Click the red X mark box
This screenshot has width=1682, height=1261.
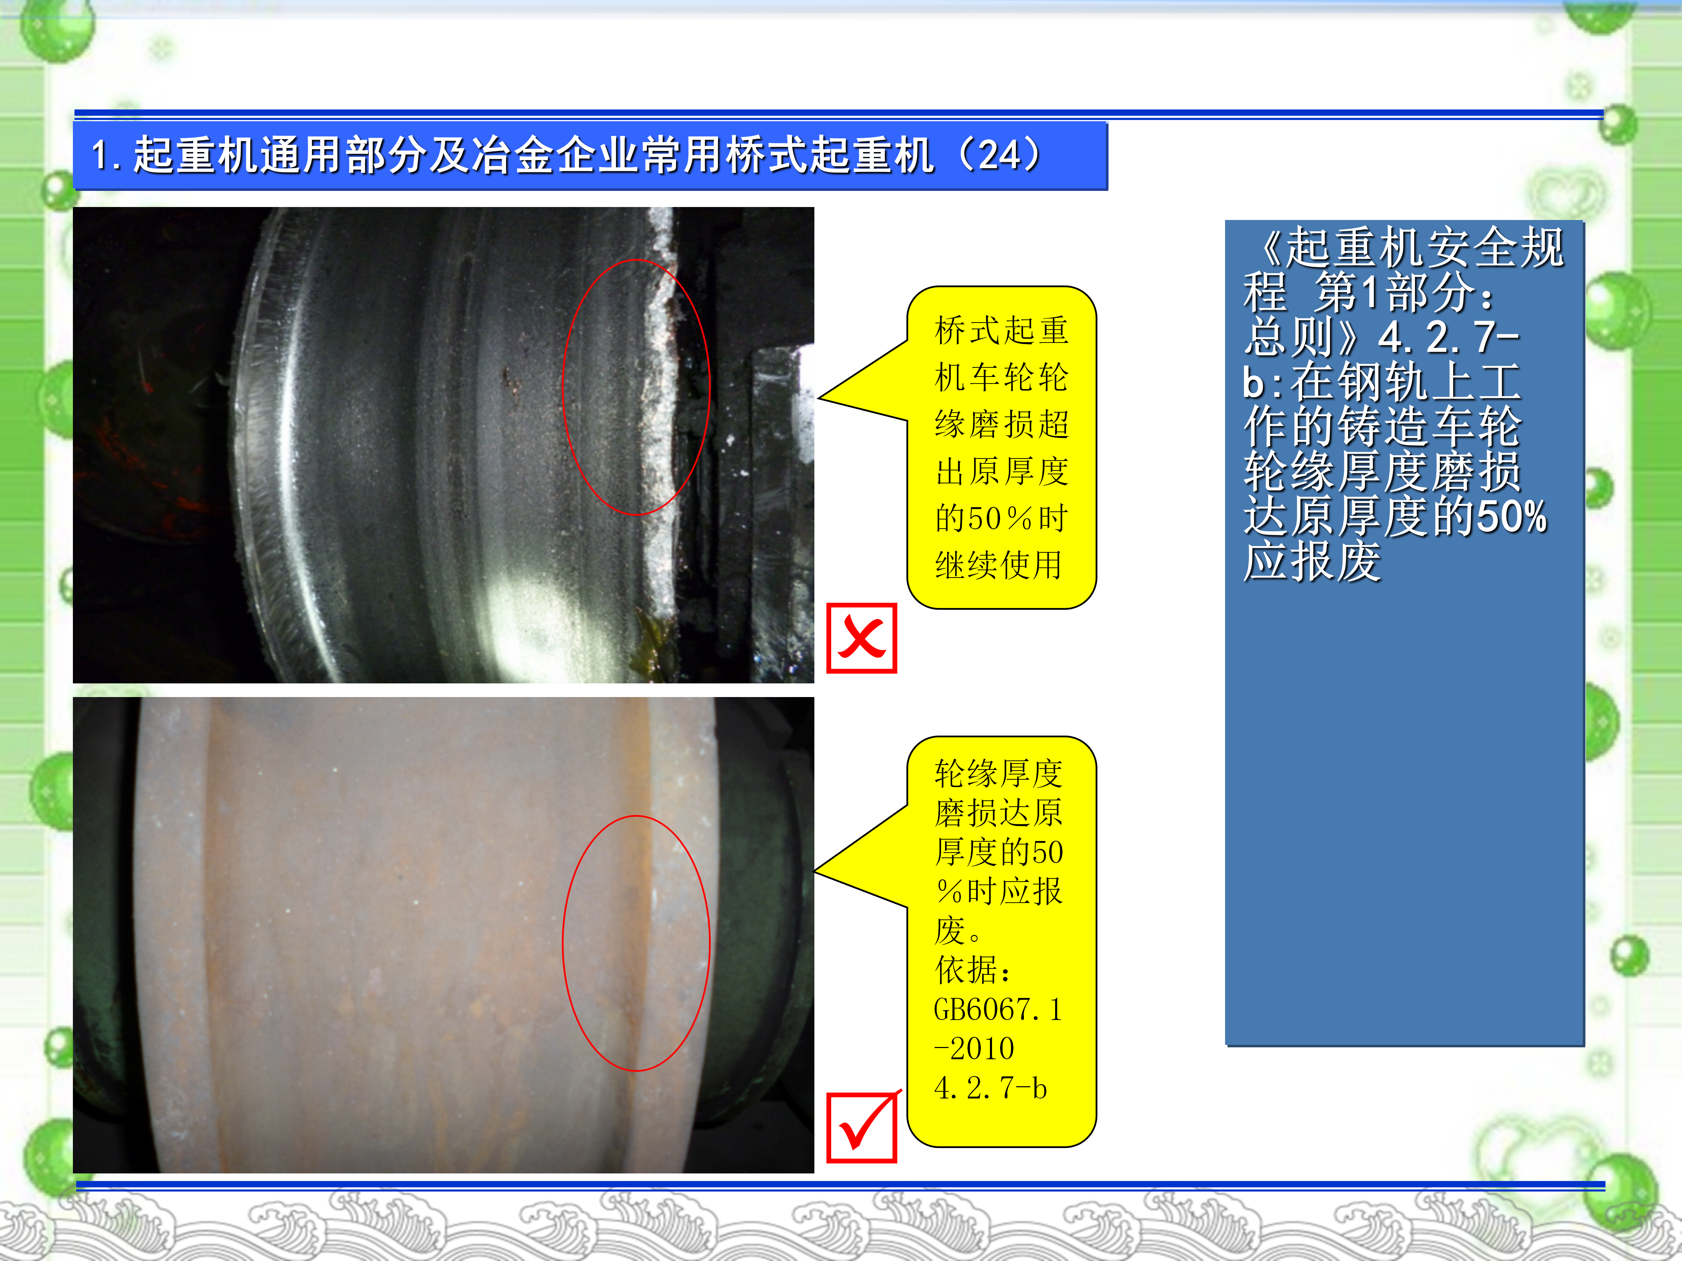(862, 639)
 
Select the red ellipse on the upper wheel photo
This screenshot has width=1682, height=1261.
(563, 388)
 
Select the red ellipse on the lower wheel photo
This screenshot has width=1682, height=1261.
(563, 943)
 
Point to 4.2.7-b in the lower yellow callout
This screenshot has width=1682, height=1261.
(990, 1088)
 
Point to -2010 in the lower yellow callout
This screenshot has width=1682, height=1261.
(974, 1049)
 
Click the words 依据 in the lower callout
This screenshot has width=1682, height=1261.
(966, 970)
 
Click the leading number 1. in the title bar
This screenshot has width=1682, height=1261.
(107, 155)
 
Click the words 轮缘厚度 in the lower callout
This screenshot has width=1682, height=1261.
(998, 774)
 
